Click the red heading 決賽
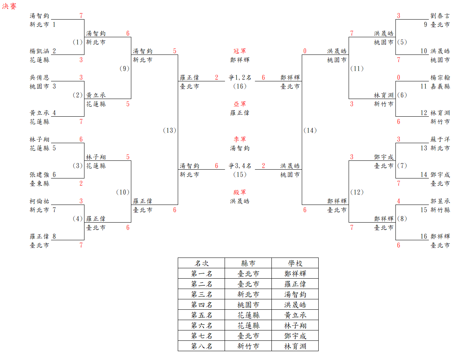click(x=9, y=7)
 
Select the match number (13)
click(x=169, y=130)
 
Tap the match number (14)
click(x=310, y=130)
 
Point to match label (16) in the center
click(x=240, y=86)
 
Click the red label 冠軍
click(x=240, y=51)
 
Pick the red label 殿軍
click(x=240, y=192)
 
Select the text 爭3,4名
click(x=240, y=166)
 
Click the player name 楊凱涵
click(x=40, y=51)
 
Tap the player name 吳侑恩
click(x=40, y=78)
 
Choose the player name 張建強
click(x=40, y=175)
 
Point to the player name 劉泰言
click(x=440, y=16)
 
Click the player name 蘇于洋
click(x=440, y=139)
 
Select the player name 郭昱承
click(x=440, y=201)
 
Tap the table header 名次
click(x=202, y=263)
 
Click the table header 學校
click(x=295, y=263)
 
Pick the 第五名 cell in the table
click(x=202, y=315)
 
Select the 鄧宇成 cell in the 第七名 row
click(x=295, y=336)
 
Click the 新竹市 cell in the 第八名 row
click(x=248, y=346)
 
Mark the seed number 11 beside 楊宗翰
click(x=423, y=86)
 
